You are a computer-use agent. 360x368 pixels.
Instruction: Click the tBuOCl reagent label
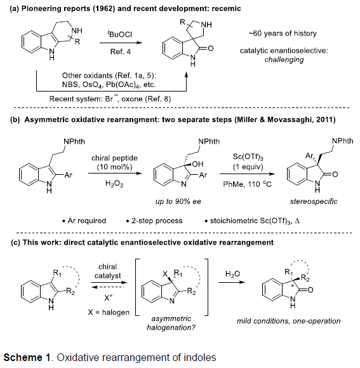(x=120, y=34)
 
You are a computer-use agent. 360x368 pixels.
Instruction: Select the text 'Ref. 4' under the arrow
(x=121, y=51)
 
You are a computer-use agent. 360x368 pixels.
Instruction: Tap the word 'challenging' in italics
(x=284, y=60)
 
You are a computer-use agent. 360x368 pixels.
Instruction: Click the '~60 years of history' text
(x=283, y=33)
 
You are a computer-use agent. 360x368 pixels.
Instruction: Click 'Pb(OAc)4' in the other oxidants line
(x=123, y=85)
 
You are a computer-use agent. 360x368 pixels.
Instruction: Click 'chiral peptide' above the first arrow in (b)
(x=114, y=158)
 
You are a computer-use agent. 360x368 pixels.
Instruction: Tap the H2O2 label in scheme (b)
(x=114, y=183)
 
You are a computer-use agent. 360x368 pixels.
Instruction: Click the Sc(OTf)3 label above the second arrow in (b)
(x=248, y=156)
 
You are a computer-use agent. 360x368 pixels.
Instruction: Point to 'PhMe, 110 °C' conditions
(x=247, y=184)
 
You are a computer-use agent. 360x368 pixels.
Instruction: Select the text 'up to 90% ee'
(x=178, y=201)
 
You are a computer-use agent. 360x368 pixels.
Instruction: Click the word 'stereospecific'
(x=314, y=201)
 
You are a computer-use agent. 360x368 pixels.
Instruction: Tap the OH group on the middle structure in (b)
(x=197, y=164)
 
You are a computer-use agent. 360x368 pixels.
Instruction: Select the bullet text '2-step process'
(x=157, y=221)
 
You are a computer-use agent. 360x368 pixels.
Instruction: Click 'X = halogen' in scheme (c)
(x=109, y=312)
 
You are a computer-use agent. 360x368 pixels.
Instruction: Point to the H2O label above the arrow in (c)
(x=232, y=274)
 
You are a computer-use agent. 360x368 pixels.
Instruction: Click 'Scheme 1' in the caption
(x=27, y=357)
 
